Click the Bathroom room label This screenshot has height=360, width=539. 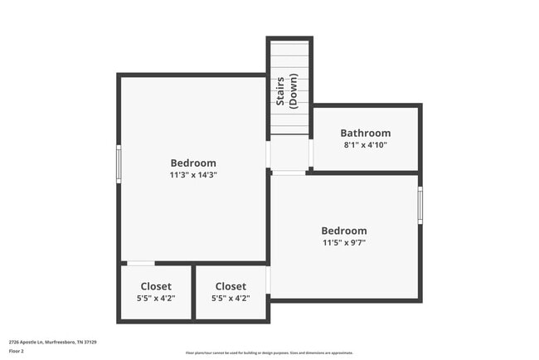365,133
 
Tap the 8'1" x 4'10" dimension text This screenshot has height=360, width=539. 365,145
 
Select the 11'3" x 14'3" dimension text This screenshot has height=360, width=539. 193,175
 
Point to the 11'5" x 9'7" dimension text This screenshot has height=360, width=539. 343,243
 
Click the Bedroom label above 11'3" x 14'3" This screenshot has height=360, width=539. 193,163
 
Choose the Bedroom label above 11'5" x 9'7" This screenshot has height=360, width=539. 343,231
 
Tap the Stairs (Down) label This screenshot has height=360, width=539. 287,93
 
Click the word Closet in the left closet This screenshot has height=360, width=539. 156,286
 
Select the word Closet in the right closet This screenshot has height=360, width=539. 231,286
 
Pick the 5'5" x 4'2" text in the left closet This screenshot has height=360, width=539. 156,299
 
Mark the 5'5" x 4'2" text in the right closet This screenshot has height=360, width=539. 231,299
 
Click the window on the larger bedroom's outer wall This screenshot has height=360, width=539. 119,163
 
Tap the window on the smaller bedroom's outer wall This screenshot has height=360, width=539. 420,205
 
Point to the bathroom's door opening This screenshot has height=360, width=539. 310,153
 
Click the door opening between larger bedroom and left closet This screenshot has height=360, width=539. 140,264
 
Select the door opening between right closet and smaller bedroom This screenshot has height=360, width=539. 269,280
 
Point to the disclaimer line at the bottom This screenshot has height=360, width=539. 269,353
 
